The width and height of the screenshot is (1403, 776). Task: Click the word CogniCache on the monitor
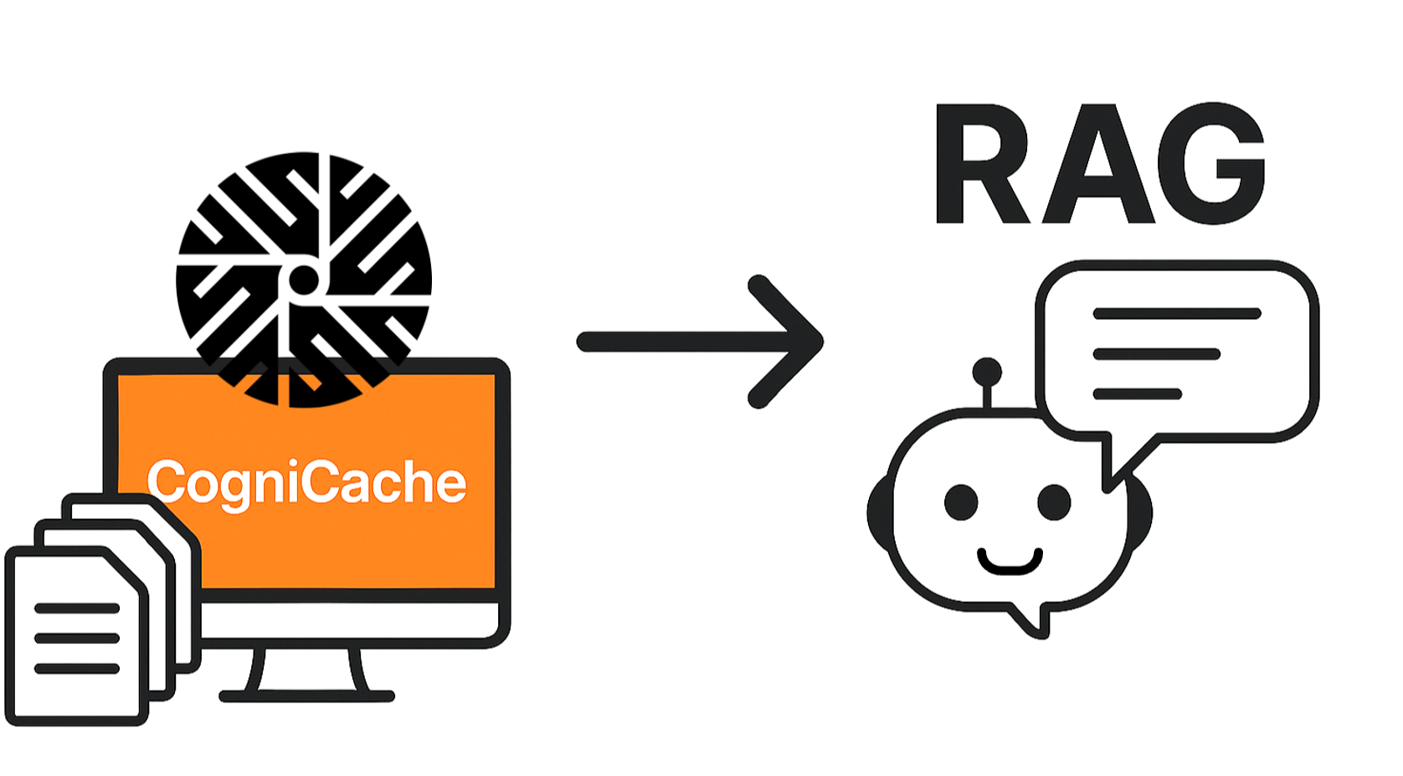click(x=306, y=482)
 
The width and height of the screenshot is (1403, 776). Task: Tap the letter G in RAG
click(x=1222, y=164)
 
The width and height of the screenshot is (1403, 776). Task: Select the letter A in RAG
click(x=1100, y=165)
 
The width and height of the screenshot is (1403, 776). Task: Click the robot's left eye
click(x=961, y=502)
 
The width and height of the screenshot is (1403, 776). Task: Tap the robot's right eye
click(x=1054, y=502)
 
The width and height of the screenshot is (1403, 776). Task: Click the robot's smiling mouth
click(x=1010, y=563)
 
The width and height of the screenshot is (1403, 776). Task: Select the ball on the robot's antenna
click(x=987, y=370)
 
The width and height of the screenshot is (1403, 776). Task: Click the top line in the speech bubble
click(x=1176, y=314)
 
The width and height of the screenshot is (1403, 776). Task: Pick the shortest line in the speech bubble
click(x=1137, y=393)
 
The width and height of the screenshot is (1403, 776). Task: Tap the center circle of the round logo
click(x=303, y=280)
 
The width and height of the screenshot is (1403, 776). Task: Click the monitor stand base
click(x=306, y=696)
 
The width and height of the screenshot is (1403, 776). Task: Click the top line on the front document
click(x=77, y=609)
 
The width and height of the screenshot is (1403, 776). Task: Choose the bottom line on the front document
click(x=77, y=668)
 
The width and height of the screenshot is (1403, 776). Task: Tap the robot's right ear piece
click(x=1141, y=512)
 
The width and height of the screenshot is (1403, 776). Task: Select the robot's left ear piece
click(x=879, y=512)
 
